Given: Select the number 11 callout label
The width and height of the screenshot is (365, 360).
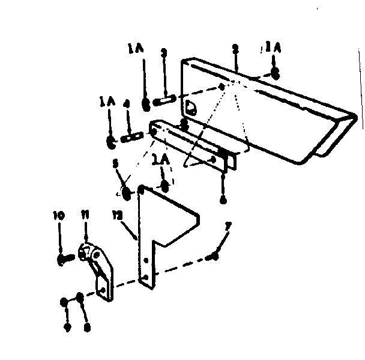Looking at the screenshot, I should pyautogui.click(x=85, y=215).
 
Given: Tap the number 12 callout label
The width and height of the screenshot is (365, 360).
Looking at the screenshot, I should pyautogui.click(x=116, y=214).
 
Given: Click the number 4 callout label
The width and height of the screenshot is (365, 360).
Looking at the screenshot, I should pyautogui.click(x=126, y=104).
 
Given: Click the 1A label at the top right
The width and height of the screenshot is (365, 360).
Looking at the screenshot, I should pyautogui.click(x=274, y=46).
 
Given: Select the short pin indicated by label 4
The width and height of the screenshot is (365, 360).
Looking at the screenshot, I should pyautogui.click(x=131, y=138).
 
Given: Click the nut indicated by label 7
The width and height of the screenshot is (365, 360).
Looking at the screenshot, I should pyautogui.click(x=213, y=257).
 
